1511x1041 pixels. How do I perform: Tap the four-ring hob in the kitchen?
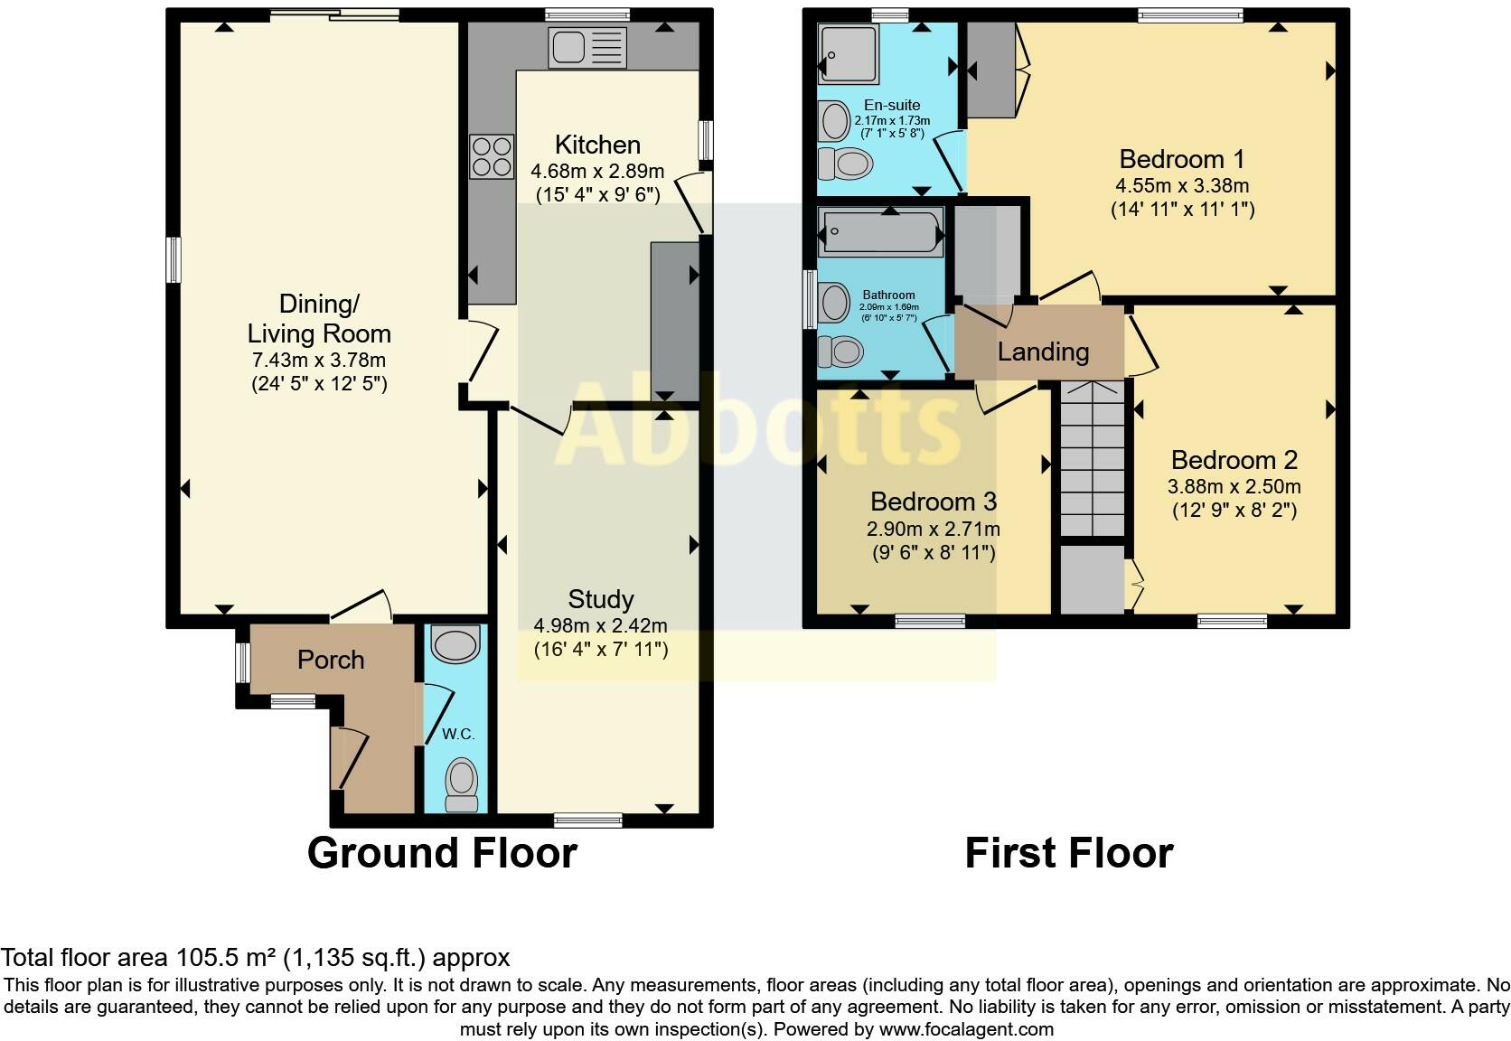492,156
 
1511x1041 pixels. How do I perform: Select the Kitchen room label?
597,145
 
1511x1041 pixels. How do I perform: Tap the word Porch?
331,660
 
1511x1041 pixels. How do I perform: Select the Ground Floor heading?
442,853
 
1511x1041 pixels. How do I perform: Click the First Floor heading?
1068,853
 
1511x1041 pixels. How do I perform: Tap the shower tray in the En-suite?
848,54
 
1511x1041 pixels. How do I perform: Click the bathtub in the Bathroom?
880,231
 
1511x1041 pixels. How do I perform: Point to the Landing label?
1043,352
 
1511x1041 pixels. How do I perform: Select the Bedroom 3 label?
934,502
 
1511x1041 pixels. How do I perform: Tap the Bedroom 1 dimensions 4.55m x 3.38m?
1181,186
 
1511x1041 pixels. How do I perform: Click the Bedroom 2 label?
1234,460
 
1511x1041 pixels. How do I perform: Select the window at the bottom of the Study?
588,820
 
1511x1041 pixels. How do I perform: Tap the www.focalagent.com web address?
966,1028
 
